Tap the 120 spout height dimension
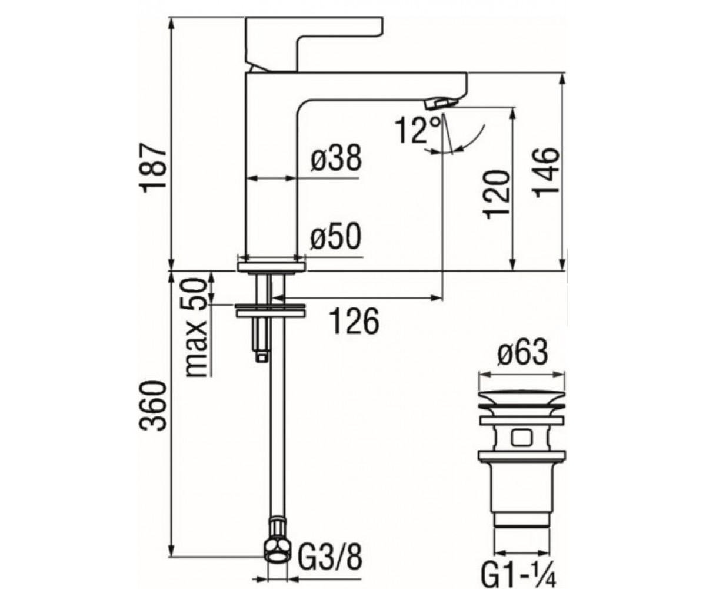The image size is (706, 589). (497, 195)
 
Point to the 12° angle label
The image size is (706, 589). (418, 130)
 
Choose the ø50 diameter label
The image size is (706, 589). (336, 237)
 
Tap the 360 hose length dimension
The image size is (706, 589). (154, 406)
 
